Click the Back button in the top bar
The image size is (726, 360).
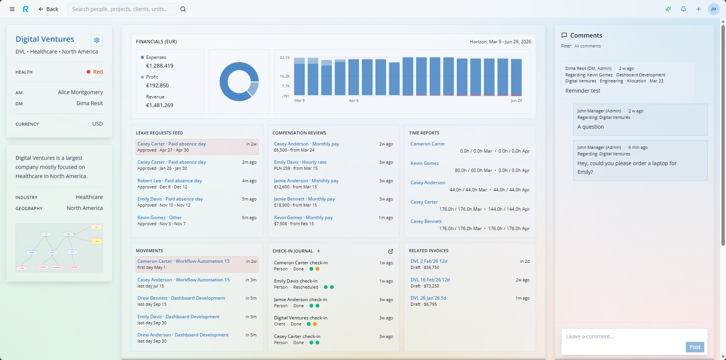[48, 9]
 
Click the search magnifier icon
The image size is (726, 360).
[183, 9]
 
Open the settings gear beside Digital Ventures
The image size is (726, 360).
[97, 40]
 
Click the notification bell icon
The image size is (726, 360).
[683, 9]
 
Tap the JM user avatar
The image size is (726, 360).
[713, 9]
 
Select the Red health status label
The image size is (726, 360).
[98, 72]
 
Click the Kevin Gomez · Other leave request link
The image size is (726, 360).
[159, 218]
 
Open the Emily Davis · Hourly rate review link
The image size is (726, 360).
[300, 162]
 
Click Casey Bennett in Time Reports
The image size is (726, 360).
[426, 221]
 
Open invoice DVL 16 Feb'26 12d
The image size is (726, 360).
[430, 280]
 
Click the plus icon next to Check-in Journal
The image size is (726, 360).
[319, 251]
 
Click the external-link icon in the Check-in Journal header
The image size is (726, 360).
[391, 251]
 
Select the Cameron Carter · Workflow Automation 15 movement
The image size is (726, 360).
[183, 261]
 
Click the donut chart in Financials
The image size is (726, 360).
[239, 82]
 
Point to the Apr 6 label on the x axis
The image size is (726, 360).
[354, 101]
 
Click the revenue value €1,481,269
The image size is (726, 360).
[159, 105]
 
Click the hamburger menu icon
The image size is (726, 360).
[12, 9]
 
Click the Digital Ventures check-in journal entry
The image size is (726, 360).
[300, 318]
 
